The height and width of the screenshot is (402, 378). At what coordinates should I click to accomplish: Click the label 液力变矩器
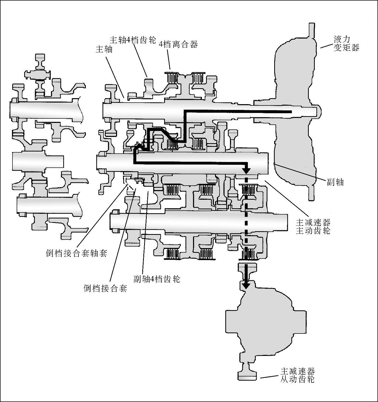[347, 43]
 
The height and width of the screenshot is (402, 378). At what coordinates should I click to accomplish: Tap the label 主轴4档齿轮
[133, 40]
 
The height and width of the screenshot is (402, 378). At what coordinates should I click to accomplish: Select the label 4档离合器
[178, 44]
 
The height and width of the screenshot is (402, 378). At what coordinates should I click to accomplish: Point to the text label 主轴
[104, 49]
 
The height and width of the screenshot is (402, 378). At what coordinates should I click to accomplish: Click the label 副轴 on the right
[335, 182]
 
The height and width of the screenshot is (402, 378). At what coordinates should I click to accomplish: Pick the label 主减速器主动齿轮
[313, 226]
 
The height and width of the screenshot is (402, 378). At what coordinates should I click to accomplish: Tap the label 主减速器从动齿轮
[297, 375]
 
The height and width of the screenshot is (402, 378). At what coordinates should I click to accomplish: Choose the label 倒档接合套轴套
[76, 253]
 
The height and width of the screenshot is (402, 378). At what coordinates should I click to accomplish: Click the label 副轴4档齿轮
[157, 279]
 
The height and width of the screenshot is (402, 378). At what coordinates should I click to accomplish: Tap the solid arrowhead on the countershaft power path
[246, 171]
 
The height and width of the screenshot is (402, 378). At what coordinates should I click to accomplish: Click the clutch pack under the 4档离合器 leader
[172, 77]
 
